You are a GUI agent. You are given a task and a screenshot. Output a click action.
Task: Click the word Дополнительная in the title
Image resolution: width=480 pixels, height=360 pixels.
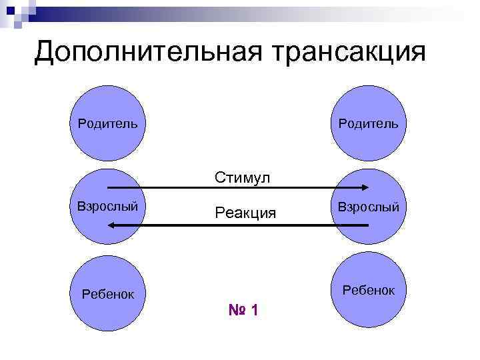click(x=133, y=51)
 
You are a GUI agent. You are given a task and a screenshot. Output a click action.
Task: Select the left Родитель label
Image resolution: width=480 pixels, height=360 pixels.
click(x=107, y=123)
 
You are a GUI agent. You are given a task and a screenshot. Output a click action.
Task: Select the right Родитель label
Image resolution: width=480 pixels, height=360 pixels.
click(x=368, y=123)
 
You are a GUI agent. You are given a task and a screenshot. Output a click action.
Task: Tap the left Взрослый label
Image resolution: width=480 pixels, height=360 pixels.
click(x=107, y=205)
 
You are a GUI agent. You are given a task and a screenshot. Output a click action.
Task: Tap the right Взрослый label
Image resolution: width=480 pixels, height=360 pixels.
click(x=368, y=207)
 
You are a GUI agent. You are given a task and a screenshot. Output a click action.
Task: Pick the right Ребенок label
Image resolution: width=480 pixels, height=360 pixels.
click(x=368, y=290)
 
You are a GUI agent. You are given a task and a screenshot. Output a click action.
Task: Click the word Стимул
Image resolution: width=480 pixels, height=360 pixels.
click(x=242, y=177)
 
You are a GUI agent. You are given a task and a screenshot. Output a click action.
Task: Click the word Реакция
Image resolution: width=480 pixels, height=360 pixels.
click(x=245, y=213)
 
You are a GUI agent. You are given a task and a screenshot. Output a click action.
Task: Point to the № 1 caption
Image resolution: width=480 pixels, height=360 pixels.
click(x=243, y=310)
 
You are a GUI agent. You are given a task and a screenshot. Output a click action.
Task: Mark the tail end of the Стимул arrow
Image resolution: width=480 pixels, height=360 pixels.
click(x=109, y=187)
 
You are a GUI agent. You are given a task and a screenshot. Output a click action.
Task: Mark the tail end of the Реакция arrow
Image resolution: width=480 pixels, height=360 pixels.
click(x=367, y=225)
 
